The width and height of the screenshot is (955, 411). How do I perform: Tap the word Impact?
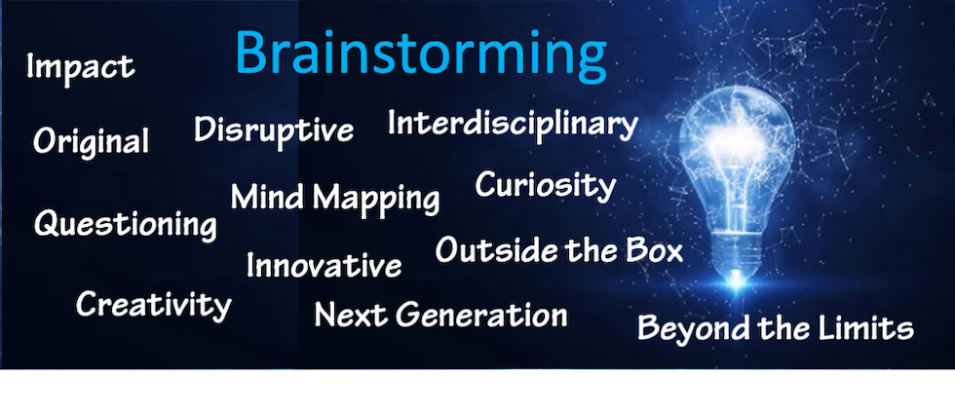(80, 67)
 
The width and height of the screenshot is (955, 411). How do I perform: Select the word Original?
(91, 141)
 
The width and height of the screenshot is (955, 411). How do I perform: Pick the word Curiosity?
(546, 186)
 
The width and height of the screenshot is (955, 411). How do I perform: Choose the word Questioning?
(126, 224)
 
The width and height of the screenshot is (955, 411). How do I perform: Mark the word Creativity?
(154, 304)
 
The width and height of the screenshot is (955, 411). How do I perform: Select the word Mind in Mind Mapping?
(269, 196)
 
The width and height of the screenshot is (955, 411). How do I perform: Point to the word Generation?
(481, 315)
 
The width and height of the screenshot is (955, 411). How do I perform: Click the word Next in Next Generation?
(351, 315)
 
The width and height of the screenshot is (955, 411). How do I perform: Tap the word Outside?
(496, 250)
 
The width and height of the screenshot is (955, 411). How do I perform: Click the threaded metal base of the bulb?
(738, 252)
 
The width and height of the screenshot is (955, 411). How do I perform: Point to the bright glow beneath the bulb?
(737, 282)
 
